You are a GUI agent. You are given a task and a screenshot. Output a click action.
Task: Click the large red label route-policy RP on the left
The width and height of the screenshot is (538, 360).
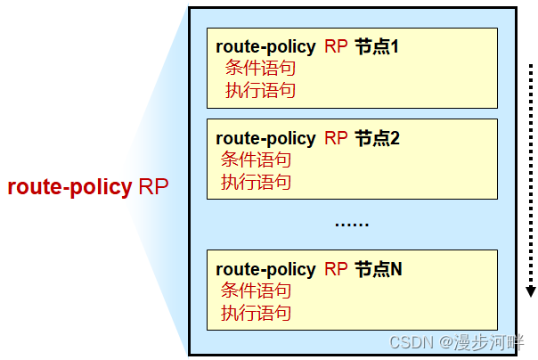click(x=87, y=188)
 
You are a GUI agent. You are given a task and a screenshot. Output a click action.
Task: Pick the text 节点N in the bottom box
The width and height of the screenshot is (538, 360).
click(x=379, y=269)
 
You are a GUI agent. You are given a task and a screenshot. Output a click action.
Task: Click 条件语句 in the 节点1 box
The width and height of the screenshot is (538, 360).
click(x=260, y=69)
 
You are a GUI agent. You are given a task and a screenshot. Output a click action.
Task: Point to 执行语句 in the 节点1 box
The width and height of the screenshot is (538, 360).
click(x=260, y=90)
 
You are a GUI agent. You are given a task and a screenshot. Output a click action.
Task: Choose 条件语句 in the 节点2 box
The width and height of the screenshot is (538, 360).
click(x=256, y=160)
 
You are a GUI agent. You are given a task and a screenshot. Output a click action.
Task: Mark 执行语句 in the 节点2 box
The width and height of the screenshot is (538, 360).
click(x=256, y=182)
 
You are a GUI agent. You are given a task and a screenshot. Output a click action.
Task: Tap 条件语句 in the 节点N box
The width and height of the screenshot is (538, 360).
click(x=256, y=291)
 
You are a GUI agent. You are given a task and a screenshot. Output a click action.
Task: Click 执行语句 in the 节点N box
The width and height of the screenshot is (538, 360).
click(x=256, y=313)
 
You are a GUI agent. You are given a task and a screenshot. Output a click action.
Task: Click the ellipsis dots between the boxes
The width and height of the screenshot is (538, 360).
click(x=351, y=224)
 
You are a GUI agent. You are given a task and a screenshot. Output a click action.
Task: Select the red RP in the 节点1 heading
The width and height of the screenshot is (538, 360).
click(x=336, y=46)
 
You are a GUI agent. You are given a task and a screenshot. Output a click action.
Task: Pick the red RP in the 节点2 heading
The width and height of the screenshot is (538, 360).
click(x=336, y=138)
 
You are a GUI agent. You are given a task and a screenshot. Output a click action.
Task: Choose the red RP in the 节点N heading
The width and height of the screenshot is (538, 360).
click(x=336, y=269)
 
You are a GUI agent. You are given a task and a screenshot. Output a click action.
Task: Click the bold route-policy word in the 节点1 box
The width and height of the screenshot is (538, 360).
click(x=265, y=46)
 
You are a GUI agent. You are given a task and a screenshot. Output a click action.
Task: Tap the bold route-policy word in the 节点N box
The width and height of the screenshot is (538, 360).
click(x=265, y=269)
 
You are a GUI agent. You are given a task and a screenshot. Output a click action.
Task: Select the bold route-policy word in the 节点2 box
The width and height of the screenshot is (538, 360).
click(x=265, y=138)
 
